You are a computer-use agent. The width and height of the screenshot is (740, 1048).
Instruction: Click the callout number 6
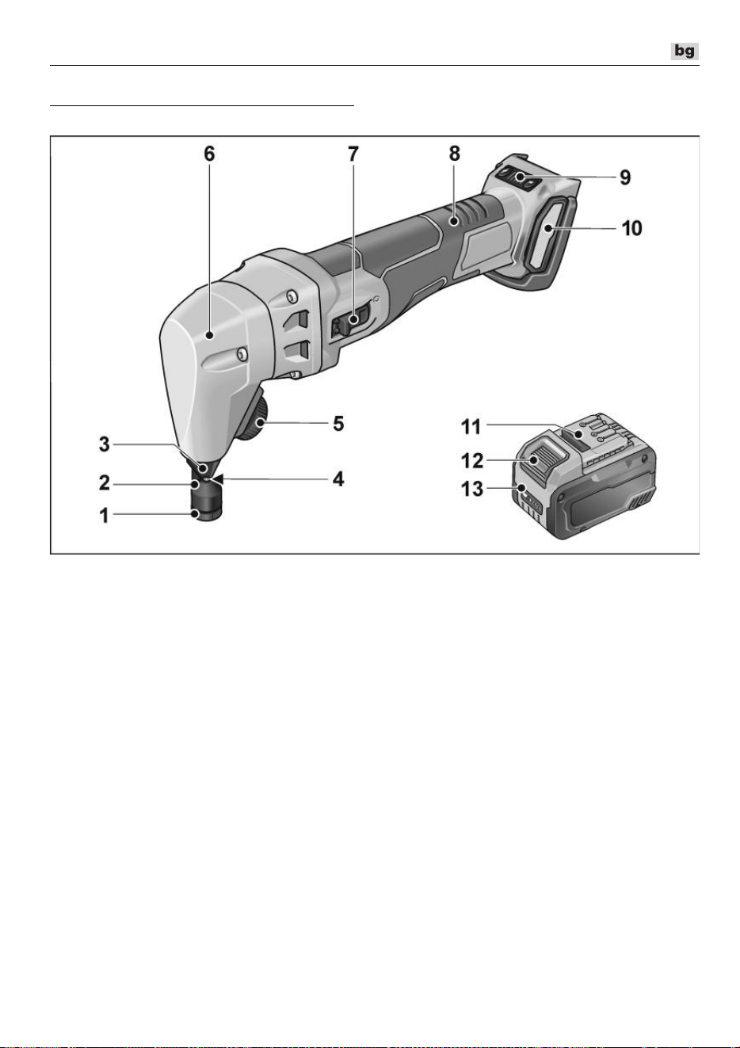(209, 154)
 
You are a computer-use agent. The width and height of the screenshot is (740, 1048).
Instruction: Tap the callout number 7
(353, 154)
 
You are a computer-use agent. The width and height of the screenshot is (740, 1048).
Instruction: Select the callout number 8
(454, 154)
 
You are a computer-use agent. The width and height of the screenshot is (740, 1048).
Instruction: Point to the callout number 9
(625, 177)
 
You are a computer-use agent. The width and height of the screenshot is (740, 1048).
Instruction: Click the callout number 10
(631, 228)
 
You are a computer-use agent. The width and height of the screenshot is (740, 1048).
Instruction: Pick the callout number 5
(338, 424)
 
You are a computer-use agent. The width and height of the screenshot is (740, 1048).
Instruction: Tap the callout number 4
(338, 478)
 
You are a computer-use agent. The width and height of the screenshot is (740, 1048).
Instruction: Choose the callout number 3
(104, 444)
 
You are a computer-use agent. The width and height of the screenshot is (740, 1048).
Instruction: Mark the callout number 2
(104, 482)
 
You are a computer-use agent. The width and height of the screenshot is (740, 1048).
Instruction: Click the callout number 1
(104, 516)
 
